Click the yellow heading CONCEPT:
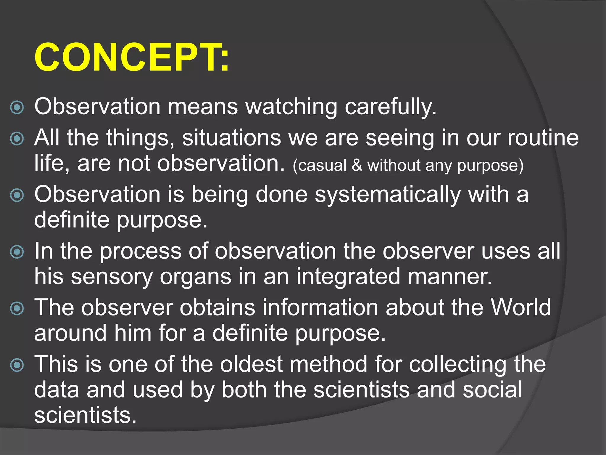coord(132,57)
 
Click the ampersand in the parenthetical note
coord(357,165)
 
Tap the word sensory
coord(112,277)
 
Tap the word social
coord(492,390)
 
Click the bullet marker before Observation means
coord(17,108)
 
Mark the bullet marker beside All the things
coord(17,139)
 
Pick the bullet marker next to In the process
coord(17,252)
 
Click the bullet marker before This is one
coord(17,365)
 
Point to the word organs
coord(195,277)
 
